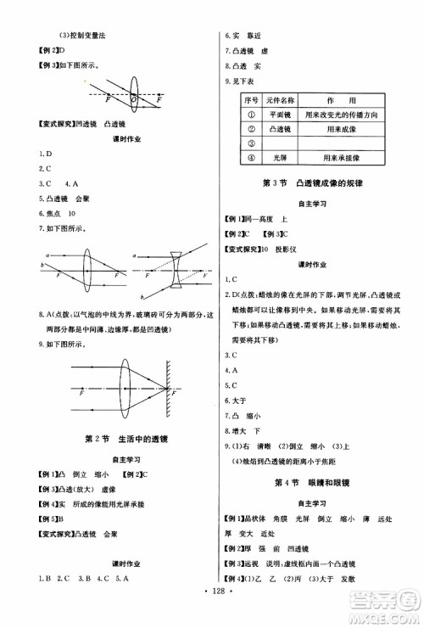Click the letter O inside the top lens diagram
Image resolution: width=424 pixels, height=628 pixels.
point(135,98)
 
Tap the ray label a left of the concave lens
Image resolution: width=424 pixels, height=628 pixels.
point(141,253)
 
